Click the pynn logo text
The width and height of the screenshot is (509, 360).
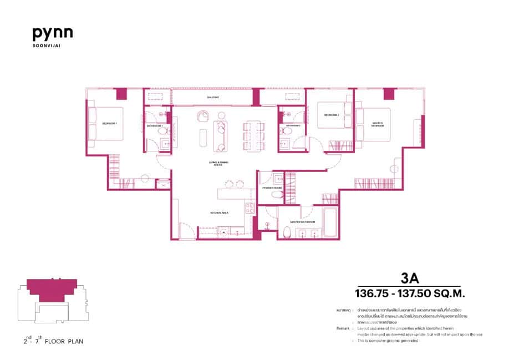[x=53, y=34]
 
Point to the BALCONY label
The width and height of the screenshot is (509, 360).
[x=213, y=98]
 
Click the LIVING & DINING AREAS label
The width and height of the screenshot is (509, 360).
[x=219, y=163]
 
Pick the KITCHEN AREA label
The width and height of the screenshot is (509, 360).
[x=220, y=212]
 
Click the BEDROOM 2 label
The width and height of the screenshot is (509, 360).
[x=332, y=115]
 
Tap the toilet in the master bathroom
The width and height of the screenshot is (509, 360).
[x=286, y=232]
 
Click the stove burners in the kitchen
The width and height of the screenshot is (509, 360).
[x=249, y=209]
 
